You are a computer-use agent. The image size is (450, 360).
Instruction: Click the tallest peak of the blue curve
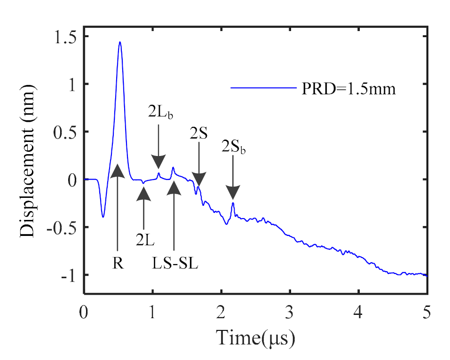pyautogui.click(x=120, y=42)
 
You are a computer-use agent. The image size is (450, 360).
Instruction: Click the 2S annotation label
pyautogui.click(x=199, y=133)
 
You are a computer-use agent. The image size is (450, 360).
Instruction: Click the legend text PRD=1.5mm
pyautogui.click(x=348, y=88)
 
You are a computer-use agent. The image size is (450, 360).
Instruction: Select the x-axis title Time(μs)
pyautogui.click(x=255, y=337)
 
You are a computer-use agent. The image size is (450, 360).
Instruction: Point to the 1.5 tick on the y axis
pyautogui.click(x=66, y=37)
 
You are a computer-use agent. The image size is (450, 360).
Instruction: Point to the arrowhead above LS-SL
pyautogui.click(x=174, y=188)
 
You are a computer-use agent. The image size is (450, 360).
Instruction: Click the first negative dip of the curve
pyautogui.click(x=103, y=216)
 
